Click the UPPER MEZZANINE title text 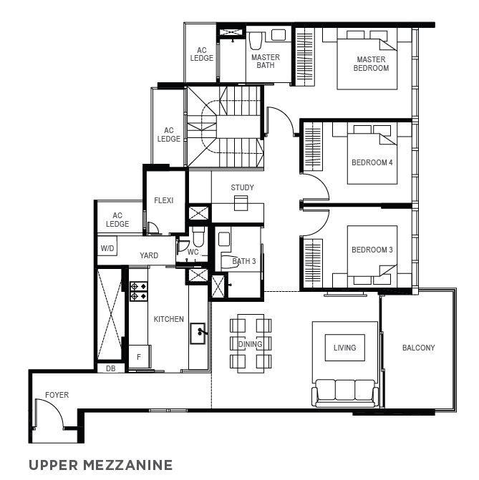pyautogui.click(x=100, y=465)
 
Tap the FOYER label pyautogui.click(x=57, y=395)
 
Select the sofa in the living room pyautogui.click(x=345, y=393)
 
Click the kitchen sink pyautogui.click(x=198, y=333)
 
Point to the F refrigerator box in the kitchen pyautogui.click(x=140, y=357)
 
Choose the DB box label pyautogui.click(x=111, y=368)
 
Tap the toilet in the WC pyautogui.click(x=198, y=236)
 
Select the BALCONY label pyautogui.click(x=418, y=348)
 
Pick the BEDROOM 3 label pyautogui.click(x=372, y=250)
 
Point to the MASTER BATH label pyautogui.click(x=266, y=62)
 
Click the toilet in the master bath pyautogui.click(x=256, y=40)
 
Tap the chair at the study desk pyautogui.click(x=241, y=203)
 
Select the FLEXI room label pyautogui.click(x=164, y=200)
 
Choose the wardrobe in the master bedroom pyautogui.click(x=305, y=57)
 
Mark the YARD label pyautogui.click(x=149, y=255)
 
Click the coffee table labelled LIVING pyautogui.click(x=345, y=348)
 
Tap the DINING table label pyautogui.click(x=251, y=344)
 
